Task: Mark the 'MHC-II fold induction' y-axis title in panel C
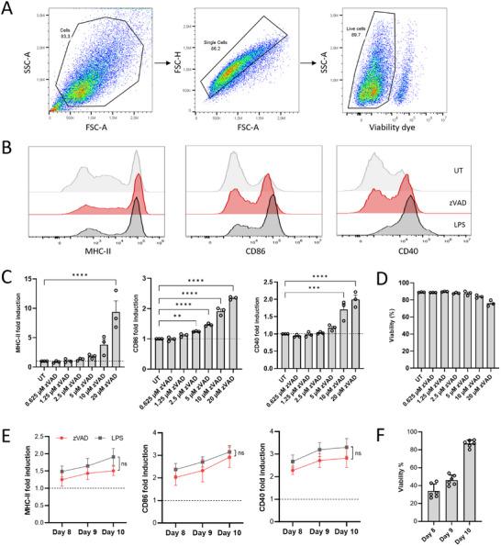point(12,303)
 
